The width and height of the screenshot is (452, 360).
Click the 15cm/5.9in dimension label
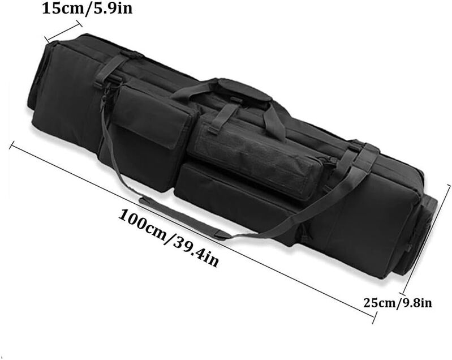87,8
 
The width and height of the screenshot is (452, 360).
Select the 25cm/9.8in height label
398,303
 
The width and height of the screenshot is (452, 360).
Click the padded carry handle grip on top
244,89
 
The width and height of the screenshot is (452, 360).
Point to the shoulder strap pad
185,218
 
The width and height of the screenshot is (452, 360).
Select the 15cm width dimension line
62,32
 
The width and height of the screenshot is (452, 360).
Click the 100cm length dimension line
192,232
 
